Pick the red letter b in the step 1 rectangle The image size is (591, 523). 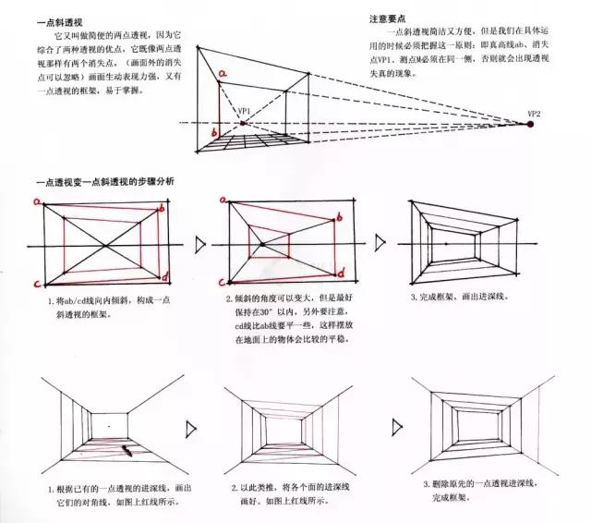[x=162, y=211]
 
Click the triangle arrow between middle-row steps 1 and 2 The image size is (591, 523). [x=202, y=244]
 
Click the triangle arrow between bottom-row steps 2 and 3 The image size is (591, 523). [x=397, y=426]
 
